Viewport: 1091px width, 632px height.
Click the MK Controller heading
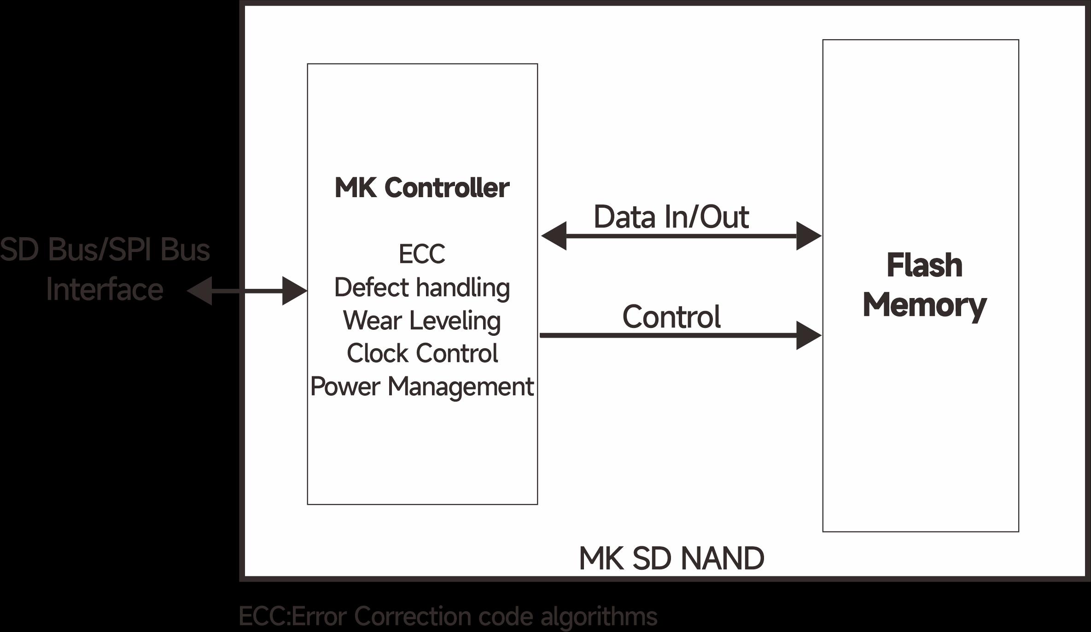click(x=422, y=188)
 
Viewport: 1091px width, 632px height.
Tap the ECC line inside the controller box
click(x=422, y=254)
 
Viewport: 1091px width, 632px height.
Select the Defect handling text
click(x=422, y=288)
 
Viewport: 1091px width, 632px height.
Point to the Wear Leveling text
click(x=422, y=321)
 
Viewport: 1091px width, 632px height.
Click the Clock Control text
click(x=422, y=353)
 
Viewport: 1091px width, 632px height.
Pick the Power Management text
click(x=422, y=386)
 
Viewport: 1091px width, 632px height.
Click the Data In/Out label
click(x=671, y=217)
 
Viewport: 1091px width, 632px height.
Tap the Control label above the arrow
click(x=671, y=317)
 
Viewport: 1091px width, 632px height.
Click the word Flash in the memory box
click(x=924, y=266)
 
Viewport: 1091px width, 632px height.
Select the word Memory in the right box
click(x=924, y=305)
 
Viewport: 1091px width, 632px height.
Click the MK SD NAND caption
click(x=671, y=558)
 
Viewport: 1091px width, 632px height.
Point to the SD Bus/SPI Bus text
click(x=105, y=250)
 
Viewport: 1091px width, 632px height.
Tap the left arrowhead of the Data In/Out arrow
click(x=554, y=236)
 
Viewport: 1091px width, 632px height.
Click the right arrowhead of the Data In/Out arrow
click(x=808, y=236)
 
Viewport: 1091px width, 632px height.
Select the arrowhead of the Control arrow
click(x=808, y=335)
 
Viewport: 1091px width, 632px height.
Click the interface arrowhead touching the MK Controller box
click(x=294, y=291)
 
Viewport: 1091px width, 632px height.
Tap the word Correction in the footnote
click(x=413, y=616)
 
